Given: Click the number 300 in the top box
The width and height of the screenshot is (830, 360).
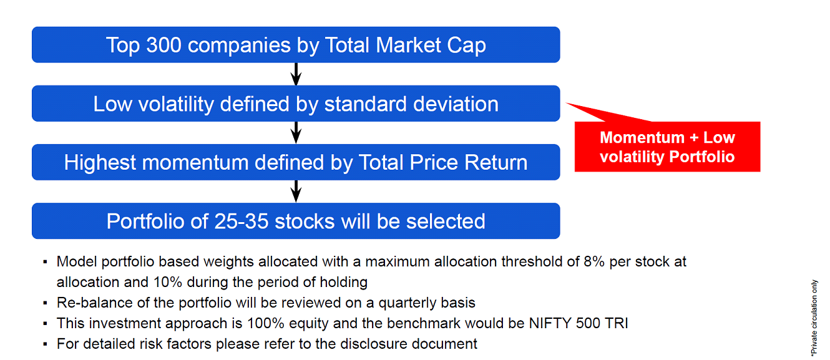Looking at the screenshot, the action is coord(164,45).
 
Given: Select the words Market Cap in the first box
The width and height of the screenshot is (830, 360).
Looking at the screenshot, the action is coord(431,45).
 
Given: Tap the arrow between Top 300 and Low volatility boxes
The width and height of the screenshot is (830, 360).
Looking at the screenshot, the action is coord(296,74).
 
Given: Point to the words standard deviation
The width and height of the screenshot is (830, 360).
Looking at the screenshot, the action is coord(411,104).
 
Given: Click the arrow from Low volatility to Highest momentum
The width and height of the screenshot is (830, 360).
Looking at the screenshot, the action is coord(296,133).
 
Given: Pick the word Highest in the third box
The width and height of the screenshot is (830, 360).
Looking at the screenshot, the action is coord(100,163).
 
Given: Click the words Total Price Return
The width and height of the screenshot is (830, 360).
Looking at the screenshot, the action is coord(443,162).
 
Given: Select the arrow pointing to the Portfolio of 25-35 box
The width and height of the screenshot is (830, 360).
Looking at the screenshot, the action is coord(296,191).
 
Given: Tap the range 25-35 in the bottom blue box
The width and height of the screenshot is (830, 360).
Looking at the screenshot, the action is coord(242,221).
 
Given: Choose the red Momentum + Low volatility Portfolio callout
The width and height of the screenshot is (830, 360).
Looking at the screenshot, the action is coord(667,146).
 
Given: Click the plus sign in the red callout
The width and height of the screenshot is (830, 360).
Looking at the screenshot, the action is coord(694,138).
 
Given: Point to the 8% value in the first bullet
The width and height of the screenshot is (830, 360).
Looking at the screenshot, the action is coord(594,261).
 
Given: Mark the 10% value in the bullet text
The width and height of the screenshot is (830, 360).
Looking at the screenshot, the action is coord(167,282).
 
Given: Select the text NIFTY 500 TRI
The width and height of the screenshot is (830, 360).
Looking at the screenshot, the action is coord(579,323).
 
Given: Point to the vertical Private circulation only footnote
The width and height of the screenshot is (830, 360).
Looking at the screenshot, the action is coord(814,318).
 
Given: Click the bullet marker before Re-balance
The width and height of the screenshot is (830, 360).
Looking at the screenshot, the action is coord(45,303).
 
